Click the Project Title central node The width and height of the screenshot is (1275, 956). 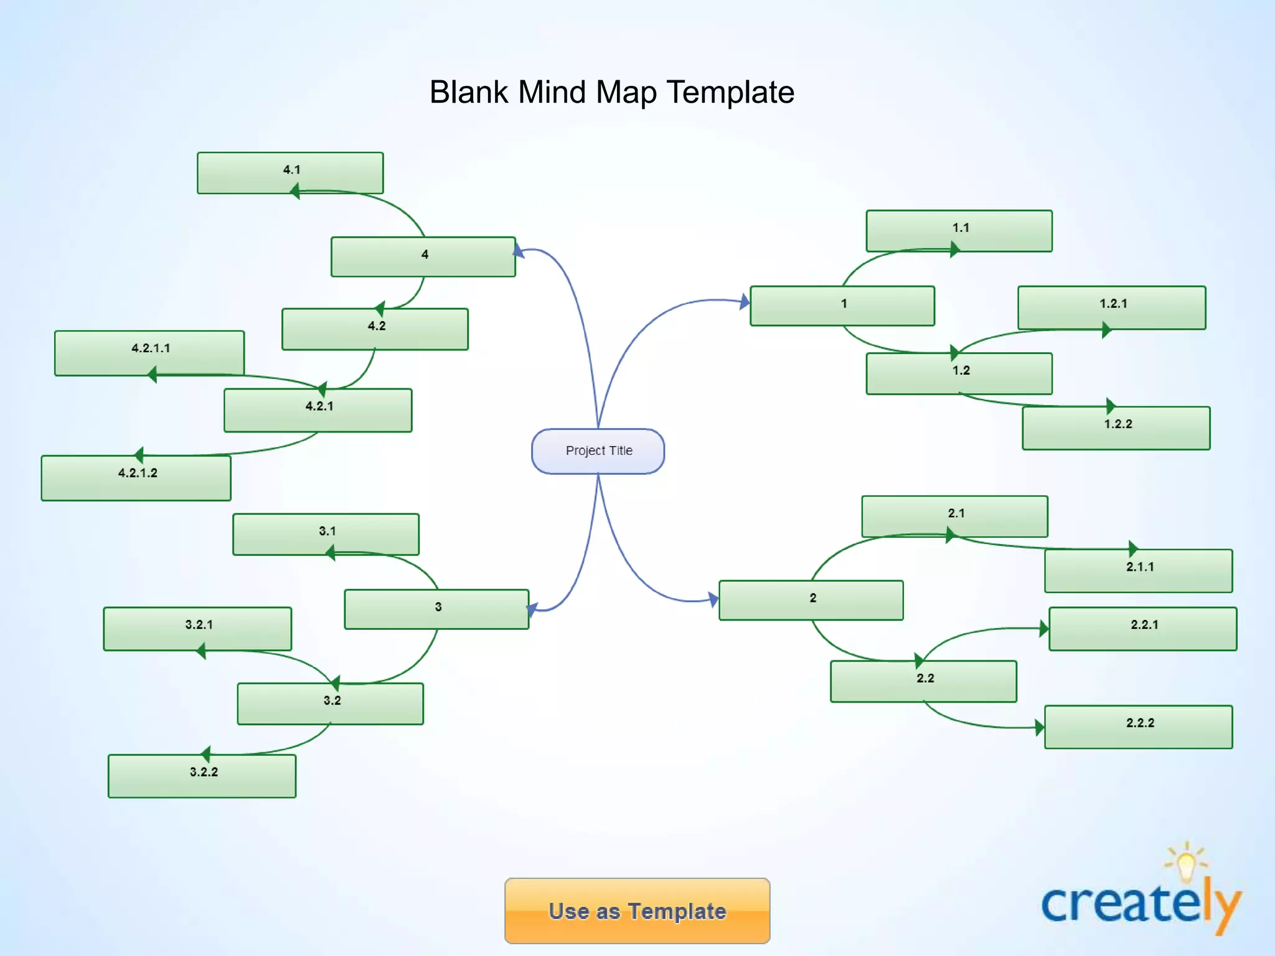[x=598, y=451]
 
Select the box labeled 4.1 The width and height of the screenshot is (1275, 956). [x=290, y=172]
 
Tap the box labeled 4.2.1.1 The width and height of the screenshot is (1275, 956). [x=149, y=352]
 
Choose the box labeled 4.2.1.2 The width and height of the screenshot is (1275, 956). [x=136, y=478]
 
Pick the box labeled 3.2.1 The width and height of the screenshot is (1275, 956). [x=197, y=629]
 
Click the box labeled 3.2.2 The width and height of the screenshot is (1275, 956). [x=202, y=776]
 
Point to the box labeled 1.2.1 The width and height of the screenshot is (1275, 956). [x=1111, y=307]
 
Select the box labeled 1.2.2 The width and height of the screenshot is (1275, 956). [x=1116, y=428]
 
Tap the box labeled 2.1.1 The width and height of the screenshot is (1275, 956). [x=1138, y=571]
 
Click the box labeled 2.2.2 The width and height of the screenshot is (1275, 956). [x=1138, y=727]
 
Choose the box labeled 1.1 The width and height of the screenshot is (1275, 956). [x=959, y=231]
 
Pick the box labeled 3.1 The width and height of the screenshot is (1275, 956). [x=326, y=534]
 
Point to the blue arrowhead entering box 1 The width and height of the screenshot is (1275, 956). [x=745, y=302]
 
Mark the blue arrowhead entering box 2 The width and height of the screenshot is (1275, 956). [x=713, y=599]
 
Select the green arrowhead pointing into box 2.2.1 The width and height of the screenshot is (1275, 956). [x=1044, y=629]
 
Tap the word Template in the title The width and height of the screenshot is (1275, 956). [x=730, y=92]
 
